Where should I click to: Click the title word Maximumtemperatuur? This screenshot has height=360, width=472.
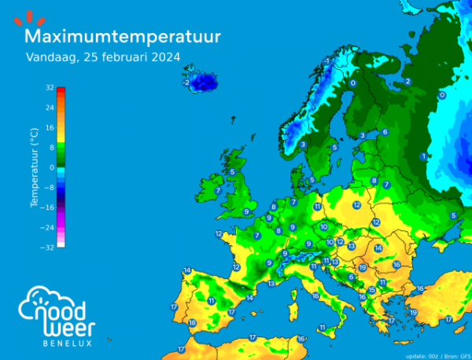(x=122, y=37)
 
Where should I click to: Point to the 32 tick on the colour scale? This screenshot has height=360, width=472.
(x=50, y=87)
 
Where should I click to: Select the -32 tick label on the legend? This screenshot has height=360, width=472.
(x=48, y=247)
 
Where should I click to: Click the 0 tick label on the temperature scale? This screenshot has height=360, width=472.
(x=52, y=167)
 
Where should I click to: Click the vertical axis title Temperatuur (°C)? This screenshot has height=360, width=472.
(x=35, y=167)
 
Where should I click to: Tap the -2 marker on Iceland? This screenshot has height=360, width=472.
(x=186, y=82)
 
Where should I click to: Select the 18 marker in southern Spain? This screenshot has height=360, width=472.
(x=192, y=322)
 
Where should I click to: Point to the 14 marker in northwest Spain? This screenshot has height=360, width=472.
(x=187, y=271)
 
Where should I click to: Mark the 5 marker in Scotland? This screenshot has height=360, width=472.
(x=232, y=171)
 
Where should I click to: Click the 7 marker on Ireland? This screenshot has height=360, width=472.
(x=218, y=190)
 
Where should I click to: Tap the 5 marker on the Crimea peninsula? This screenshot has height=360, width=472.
(x=453, y=215)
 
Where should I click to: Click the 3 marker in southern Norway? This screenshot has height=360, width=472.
(x=303, y=145)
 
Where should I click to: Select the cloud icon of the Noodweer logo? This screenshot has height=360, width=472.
(x=49, y=303)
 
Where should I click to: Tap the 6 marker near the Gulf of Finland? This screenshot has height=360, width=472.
(x=385, y=132)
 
